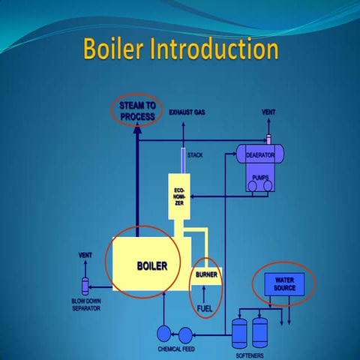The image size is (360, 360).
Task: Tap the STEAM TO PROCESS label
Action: [137, 111]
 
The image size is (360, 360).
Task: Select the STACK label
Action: [195, 155]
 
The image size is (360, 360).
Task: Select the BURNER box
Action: [206, 274]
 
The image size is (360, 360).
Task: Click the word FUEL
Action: [205, 307]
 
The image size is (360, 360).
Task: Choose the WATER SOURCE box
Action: [284, 283]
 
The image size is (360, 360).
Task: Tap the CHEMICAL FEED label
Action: [177, 349]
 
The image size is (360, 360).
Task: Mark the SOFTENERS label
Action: [250, 354]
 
